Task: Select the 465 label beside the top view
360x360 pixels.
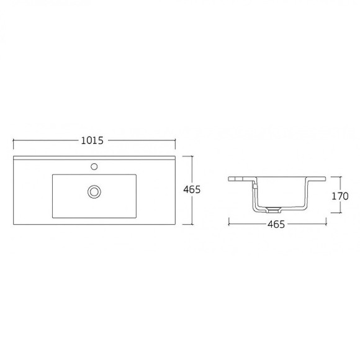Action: tap(192, 189)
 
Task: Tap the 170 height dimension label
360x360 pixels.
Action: tap(340, 196)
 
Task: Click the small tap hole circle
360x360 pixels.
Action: tap(94, 166)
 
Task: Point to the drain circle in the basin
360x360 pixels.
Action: tap(94, 191)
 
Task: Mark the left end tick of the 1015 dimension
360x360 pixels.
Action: tap(14, 142)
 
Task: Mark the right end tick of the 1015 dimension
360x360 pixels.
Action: tap(176, 142)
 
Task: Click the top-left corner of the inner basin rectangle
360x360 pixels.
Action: tap(53, 174)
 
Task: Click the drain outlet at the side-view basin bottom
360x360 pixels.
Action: tap(274, 207)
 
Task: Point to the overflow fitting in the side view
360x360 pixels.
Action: tap(253, 184)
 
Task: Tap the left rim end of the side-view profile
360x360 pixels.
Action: tap(229, 180)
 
